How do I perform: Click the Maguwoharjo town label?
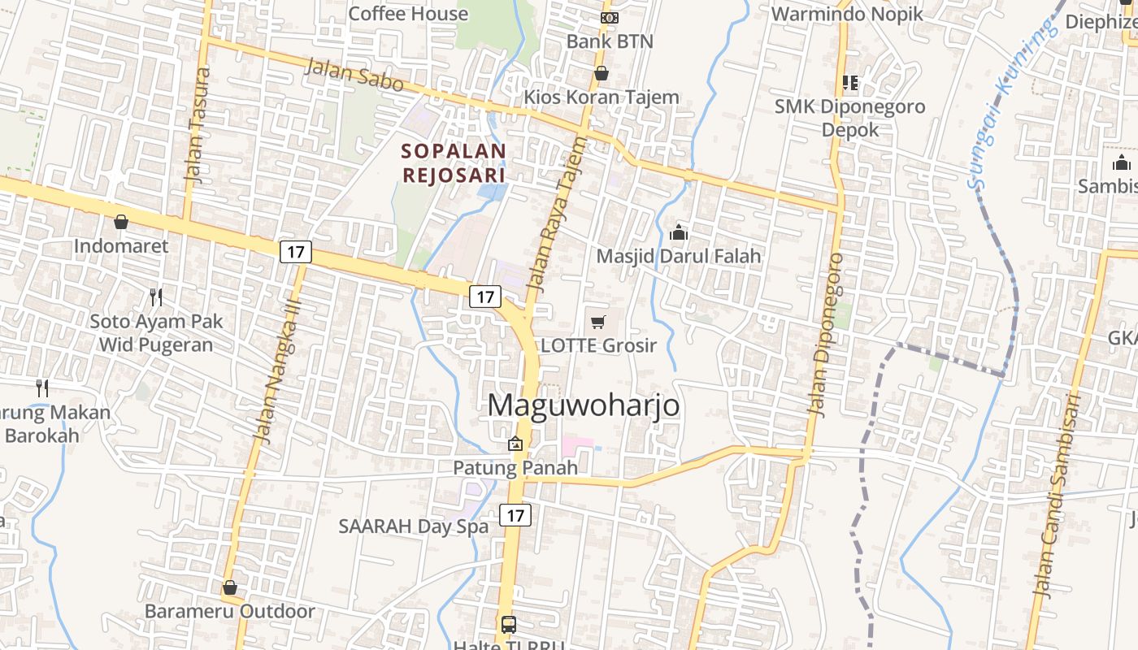(x=584, y=405)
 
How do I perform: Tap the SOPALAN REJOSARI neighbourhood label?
(x=454, y=162)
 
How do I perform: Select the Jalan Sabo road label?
(x=354, y=74)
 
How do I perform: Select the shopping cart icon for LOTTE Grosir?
(x=598, y=322)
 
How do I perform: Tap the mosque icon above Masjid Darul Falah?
(x=679, y=233)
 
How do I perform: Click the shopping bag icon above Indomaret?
(x=121, y=222)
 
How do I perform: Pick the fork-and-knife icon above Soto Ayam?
(x=156, y=297)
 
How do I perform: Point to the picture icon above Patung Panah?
(x=515, y=444)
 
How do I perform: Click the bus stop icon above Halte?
(x=509, y=625)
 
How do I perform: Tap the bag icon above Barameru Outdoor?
(x=230, y=587)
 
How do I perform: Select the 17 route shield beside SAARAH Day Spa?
(x=515, y=515)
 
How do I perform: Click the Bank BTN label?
(x=610, y=41)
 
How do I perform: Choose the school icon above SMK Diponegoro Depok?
(x=850, y=82)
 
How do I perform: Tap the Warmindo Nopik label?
(x=847, y=14)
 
